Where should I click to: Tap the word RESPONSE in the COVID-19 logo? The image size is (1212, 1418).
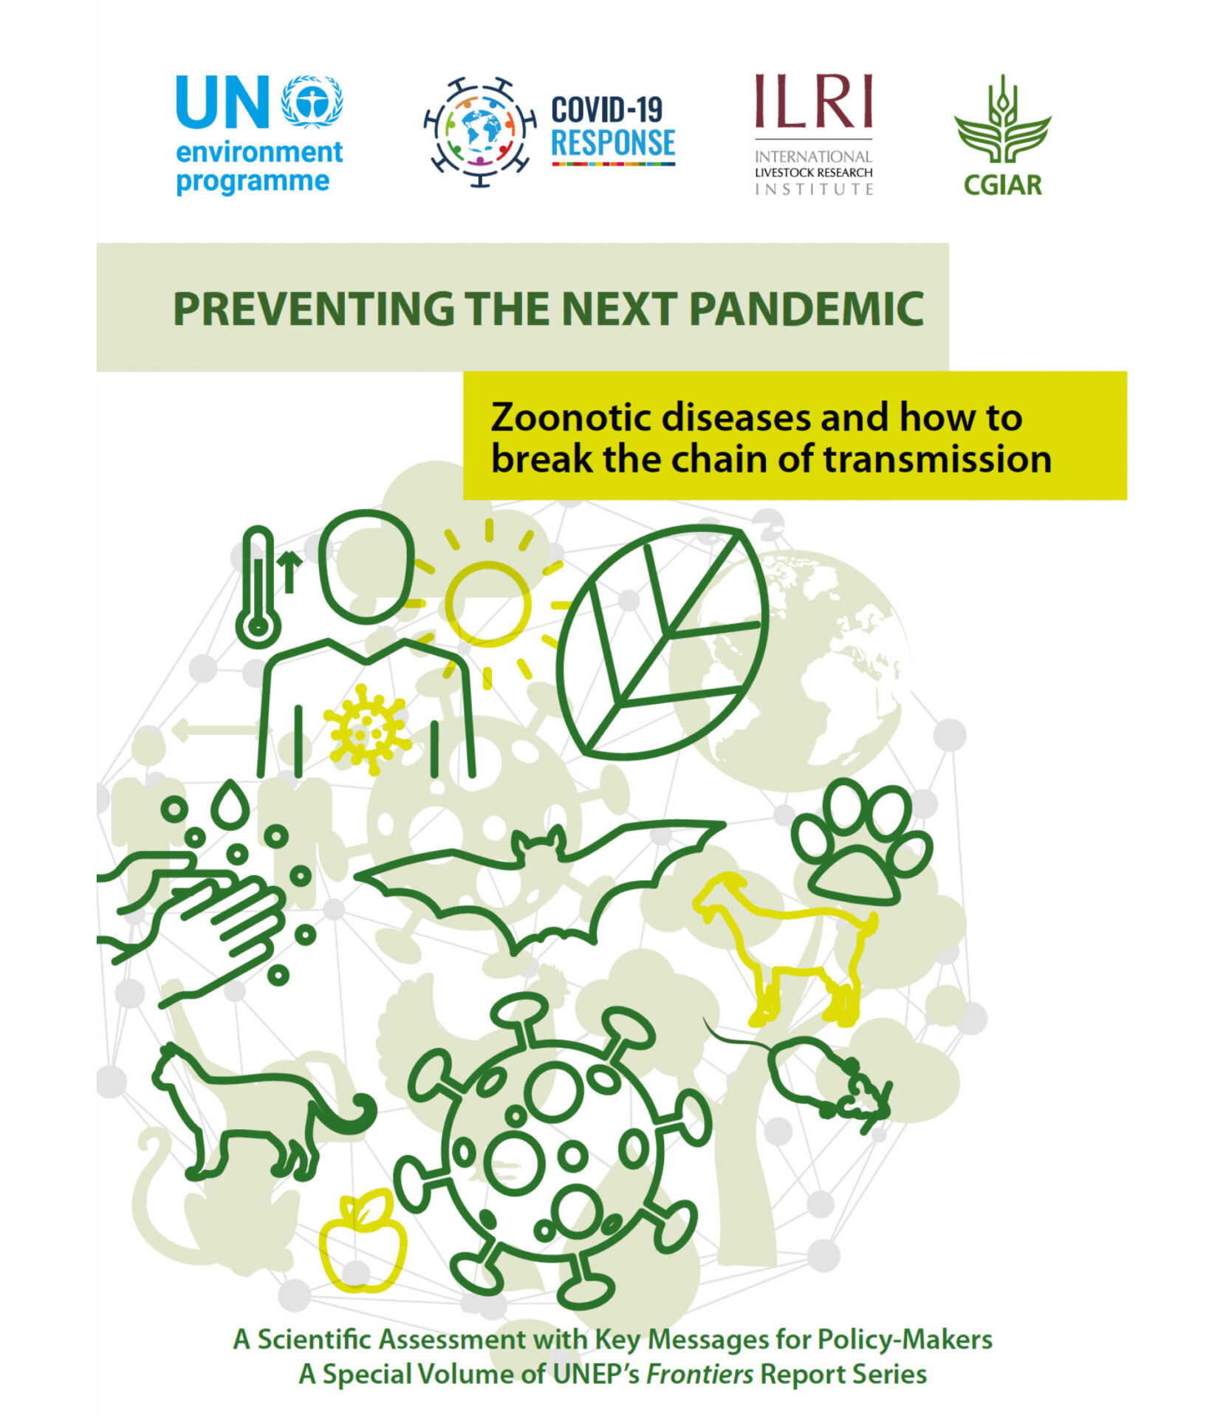coord(613,143)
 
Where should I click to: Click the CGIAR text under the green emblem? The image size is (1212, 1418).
coord(1002,185)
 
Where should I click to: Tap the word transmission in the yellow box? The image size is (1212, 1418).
coord(937,459)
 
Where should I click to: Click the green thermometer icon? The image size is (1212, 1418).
coord(258,587)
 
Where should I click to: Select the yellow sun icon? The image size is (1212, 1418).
coord(487,604)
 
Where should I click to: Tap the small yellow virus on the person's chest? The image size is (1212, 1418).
coord(367,729)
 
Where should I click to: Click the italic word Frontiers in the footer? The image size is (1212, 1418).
coord(699,1374)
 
